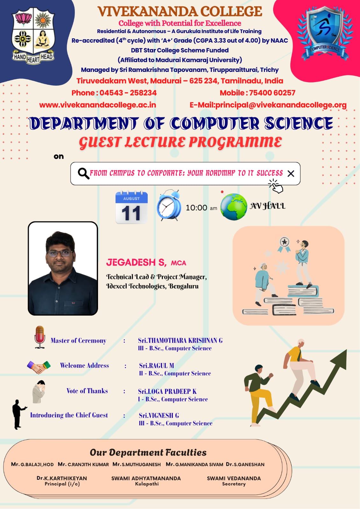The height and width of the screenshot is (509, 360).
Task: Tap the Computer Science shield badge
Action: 325,33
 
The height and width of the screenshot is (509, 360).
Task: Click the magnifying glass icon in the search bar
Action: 83,174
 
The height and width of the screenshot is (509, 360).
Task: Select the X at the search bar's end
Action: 291,174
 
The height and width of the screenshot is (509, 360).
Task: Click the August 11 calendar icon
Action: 131,207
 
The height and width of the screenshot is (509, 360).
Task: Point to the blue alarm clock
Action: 169,205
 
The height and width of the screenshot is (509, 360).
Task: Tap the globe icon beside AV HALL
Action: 234,206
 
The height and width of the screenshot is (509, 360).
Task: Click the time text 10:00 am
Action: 201,208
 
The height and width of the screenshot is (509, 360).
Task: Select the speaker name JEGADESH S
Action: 136,262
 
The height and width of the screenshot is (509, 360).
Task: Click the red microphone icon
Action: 40,337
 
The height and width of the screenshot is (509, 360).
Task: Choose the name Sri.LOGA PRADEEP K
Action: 167,391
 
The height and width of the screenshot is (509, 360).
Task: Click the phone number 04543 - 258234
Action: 128,93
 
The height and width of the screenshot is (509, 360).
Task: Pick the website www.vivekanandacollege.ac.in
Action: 98,105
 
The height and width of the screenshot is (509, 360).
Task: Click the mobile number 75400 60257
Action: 272,93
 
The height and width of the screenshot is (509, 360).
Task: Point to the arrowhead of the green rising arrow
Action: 340,358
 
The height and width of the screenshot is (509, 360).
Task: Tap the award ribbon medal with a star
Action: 284,245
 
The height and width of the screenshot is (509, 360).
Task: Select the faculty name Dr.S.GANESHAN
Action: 245,464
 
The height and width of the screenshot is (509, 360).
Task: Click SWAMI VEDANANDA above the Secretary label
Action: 234,478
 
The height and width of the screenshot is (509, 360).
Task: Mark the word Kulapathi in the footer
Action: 147,484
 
